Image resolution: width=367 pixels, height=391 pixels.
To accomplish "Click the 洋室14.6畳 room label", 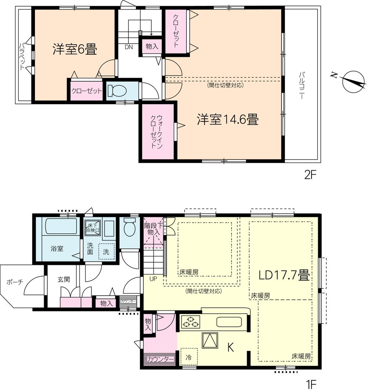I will point(228,120).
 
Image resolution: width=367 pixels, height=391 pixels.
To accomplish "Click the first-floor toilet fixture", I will point(129,227).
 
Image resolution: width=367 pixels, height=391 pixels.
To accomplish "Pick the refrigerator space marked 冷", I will point(189,356).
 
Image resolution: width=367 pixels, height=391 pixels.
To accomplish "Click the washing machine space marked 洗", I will point(106,252).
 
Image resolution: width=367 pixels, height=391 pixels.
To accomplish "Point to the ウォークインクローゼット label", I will point(156,131).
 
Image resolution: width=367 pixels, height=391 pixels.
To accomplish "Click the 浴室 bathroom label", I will point(57,249).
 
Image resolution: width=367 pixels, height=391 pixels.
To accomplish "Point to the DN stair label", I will point(128,47).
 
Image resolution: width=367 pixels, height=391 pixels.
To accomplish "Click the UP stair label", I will point(153,279).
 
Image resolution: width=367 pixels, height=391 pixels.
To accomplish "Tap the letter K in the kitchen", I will point(230,348).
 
